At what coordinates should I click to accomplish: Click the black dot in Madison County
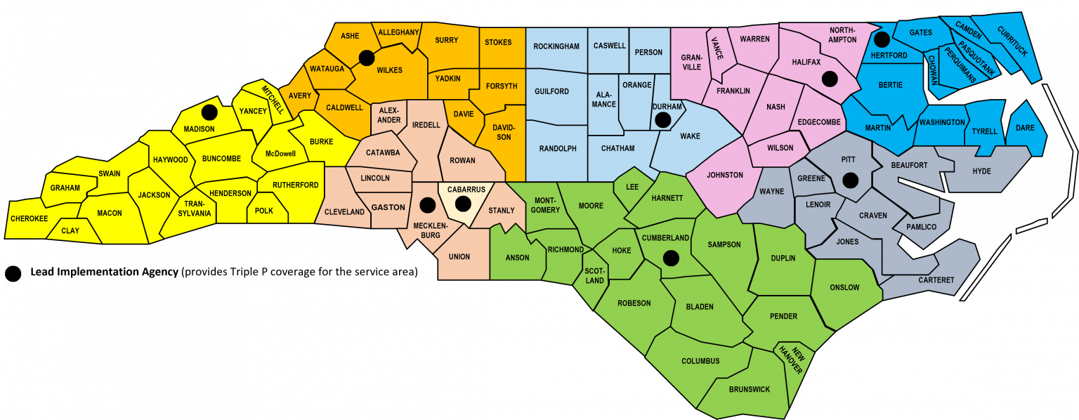[x=209, y=112]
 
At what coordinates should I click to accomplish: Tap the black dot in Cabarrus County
[x=462, y=204]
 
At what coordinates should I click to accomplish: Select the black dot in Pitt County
[x=850, y=181]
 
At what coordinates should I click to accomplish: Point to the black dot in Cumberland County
[x=671, y=258]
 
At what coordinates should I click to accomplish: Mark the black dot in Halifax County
[x=830, y=79]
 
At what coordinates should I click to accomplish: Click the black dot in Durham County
[x=662, y=120]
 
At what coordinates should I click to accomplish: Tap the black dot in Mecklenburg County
[x=426, y=205]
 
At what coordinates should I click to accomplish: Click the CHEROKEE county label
[x=30, y=218]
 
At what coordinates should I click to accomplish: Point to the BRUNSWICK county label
[x=750, y=389]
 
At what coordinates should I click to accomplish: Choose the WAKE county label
[x=690, y=136]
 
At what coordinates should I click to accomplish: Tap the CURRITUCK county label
[x=1012, y=41]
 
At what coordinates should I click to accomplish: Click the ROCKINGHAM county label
[x=556, y=46]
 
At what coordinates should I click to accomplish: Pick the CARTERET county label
[x=936, y=280]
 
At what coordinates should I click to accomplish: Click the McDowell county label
[x=280, y=154]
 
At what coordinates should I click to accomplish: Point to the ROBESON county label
[x=634, y=303]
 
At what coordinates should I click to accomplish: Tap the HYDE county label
[x=981, y=171]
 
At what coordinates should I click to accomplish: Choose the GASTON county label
[x=388, y=207]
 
